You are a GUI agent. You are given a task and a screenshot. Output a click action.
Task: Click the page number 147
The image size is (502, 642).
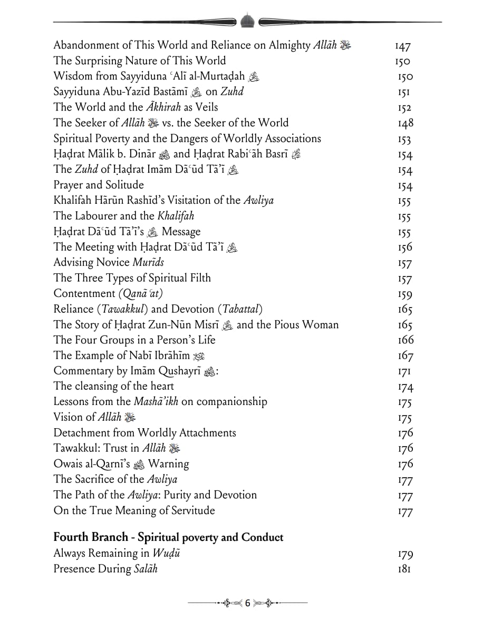coord(402,46)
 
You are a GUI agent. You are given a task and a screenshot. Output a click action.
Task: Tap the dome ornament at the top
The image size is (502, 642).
coord(247,21)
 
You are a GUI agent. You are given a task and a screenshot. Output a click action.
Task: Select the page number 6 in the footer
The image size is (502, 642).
coord(247,603)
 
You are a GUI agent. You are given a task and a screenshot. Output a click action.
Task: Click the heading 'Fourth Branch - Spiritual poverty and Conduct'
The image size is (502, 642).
coord(168,537)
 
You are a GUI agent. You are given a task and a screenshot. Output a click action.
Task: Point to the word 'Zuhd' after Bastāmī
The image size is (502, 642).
coord(231,92)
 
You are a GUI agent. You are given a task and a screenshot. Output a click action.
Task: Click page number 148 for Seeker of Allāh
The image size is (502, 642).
coord(405,123)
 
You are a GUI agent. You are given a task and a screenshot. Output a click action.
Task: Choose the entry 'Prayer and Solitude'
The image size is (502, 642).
coord(99,185)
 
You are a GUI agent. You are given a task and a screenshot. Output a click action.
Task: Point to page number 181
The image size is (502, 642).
coord(404,569)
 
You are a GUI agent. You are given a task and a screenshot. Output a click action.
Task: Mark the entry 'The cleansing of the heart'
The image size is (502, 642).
coord(106,386)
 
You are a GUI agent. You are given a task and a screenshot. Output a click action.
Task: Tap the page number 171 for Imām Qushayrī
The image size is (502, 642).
coord(404,371)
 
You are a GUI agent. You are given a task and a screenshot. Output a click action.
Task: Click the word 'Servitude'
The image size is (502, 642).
coord(191,510)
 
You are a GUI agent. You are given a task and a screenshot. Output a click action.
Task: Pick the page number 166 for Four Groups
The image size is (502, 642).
coord(405,340)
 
